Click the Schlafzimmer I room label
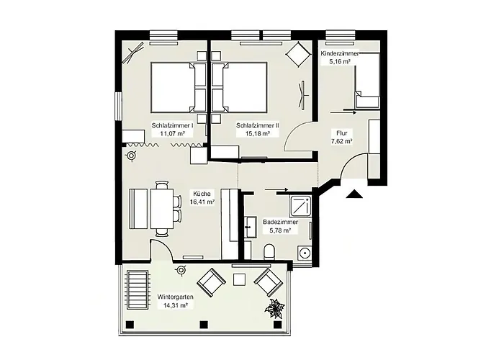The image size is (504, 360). [x=172, y=125]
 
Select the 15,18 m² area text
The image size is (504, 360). [x=258, y=133]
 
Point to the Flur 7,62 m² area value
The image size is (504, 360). [x=341, y=142]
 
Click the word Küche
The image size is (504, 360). [x=201, y=194]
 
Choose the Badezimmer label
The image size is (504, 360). [x=277, y=222]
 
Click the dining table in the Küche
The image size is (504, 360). [x=163, y=207]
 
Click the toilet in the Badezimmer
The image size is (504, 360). [x=269, y=251]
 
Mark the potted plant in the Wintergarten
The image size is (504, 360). [x=274, y=309]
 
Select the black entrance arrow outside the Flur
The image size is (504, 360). [x=353, y=193]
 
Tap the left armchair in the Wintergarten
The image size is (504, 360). [x=211, y=282]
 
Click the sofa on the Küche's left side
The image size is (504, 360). [x=139, y=207]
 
